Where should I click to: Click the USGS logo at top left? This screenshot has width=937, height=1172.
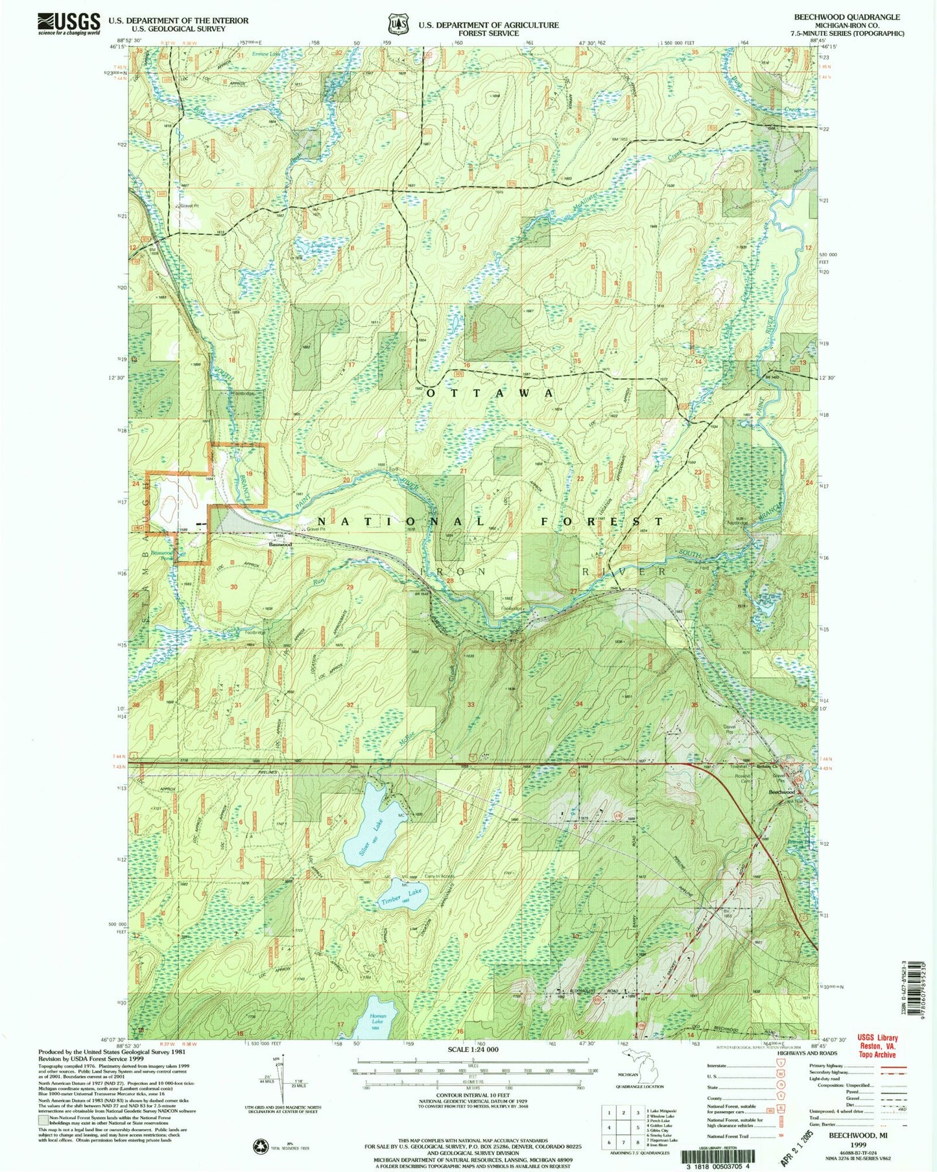(x=69, y=23)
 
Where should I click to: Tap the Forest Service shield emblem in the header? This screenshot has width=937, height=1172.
(x=396, y=24)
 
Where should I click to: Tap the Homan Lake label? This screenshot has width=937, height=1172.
(x=377, y=1019)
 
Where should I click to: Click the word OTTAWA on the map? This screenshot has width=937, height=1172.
(x=490, y=393)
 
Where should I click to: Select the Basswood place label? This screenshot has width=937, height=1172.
(x=281, y=544)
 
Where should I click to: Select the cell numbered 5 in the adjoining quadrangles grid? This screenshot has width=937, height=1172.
(x=624, y=1127)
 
